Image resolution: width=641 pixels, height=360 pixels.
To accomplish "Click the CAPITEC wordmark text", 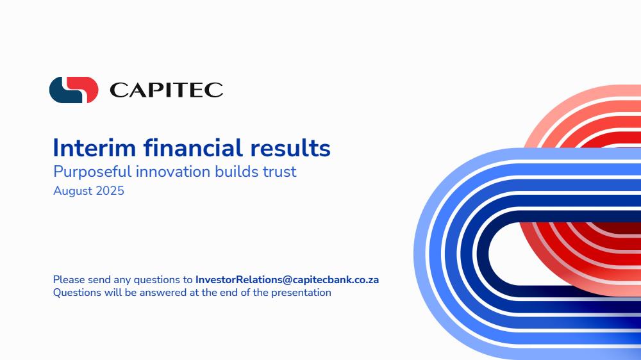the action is (167, 90).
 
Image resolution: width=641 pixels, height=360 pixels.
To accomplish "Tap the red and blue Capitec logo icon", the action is (74, 90).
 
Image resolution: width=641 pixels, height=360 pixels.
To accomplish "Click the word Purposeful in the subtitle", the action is (92, 172).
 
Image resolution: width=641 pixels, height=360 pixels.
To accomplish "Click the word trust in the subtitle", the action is (279, 172).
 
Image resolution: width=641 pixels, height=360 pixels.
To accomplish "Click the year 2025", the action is (110, 191).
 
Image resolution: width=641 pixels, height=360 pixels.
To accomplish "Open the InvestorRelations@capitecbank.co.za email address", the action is (287, 279).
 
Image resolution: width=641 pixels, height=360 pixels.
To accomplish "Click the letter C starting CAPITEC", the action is (118, 90).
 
